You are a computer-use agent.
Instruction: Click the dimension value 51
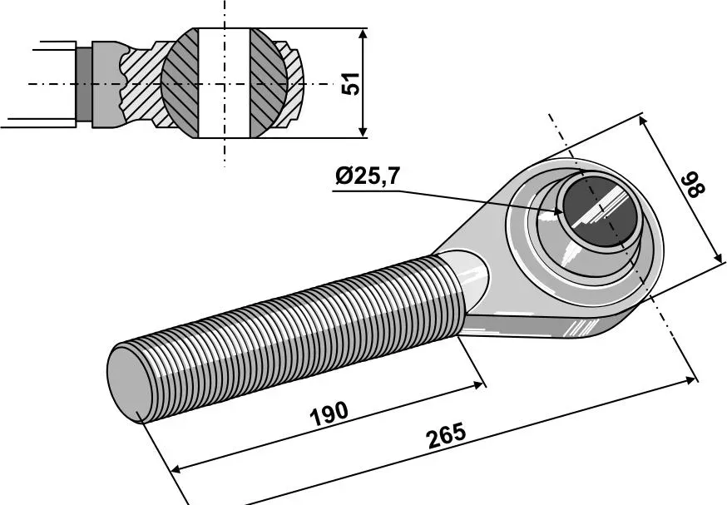click(x=354, y=82)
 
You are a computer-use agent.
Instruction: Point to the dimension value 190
click(x=329, y=414)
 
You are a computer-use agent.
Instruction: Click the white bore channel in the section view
click(x=224, y=83)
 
